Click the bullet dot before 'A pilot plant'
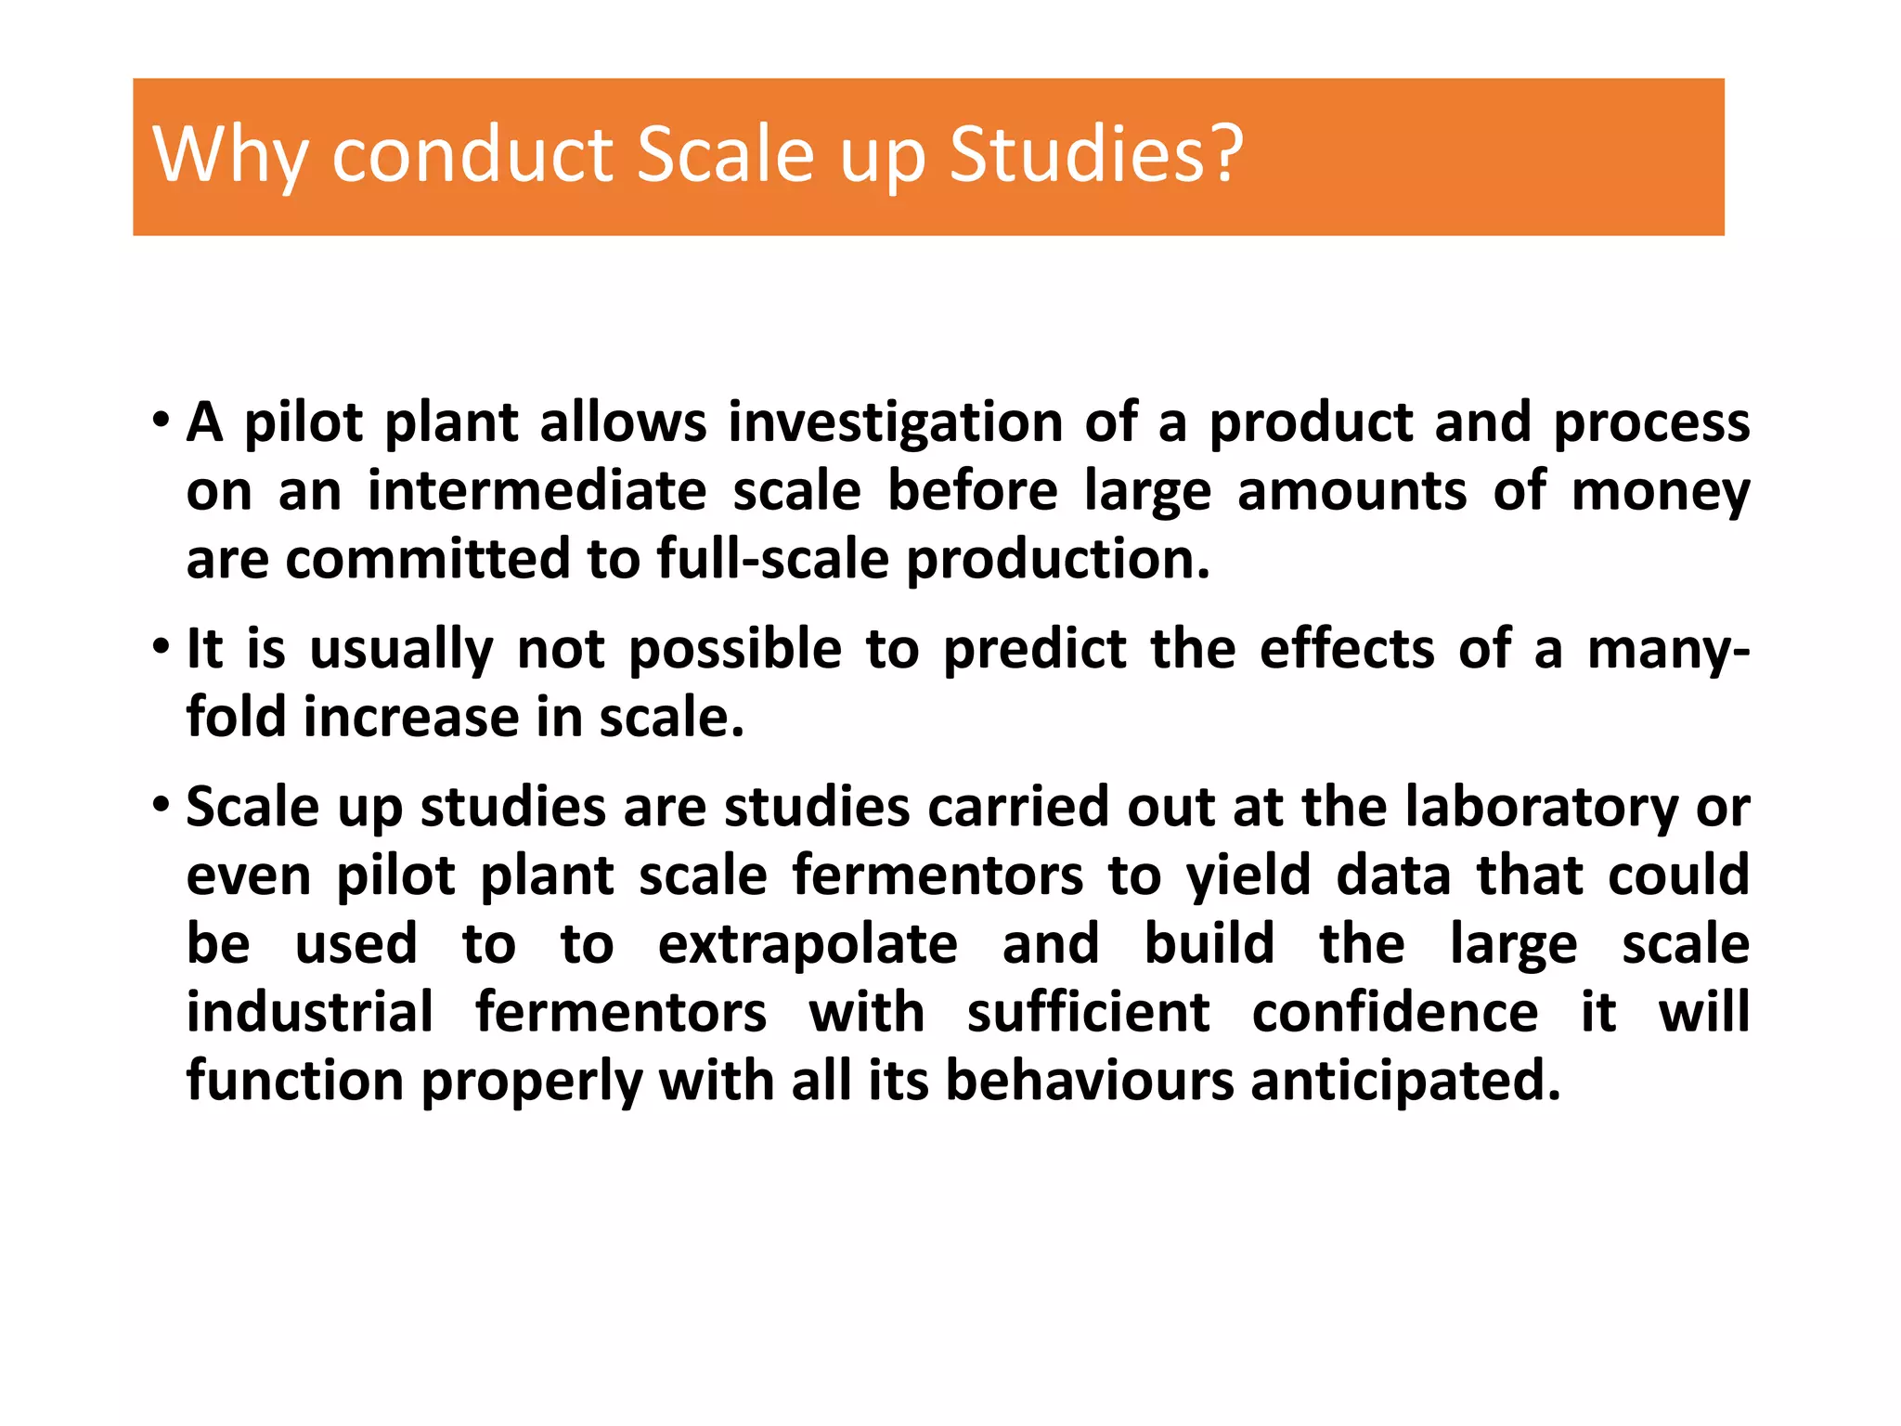click(162, 421)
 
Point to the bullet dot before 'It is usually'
click(162, 647)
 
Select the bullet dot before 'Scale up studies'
click(162, 805)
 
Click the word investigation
click(895, 422)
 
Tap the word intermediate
click(537, 491)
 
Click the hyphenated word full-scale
click(772, 560)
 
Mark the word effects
click(1347, 649)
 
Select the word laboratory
click(1542, 807)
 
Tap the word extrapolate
click(808, 945)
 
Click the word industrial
click(310, 1012)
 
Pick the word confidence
click(1394, 1012)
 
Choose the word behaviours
click(1089, 1081)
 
